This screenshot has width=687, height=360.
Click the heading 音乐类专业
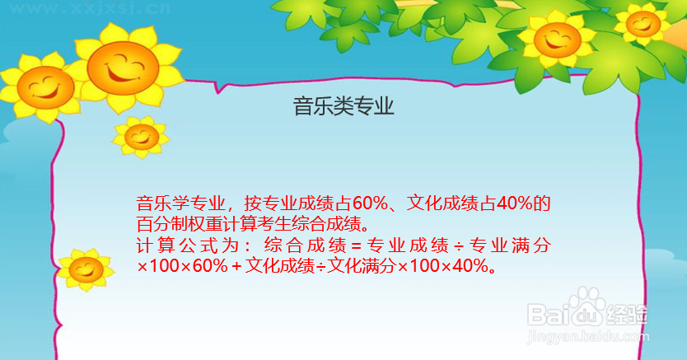(343, 106)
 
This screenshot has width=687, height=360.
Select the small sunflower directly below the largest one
(141, 137)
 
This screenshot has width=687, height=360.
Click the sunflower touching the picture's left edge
(43, 86)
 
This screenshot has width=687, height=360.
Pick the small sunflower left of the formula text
(86, 269)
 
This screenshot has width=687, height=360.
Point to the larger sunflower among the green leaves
(557, 40)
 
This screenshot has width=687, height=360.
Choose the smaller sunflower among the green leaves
(643, 24)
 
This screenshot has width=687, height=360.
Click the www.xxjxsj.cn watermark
(90, 8)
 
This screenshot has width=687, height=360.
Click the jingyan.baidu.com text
(588, 336)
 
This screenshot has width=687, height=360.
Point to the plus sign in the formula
(237, 266)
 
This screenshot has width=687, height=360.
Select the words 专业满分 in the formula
(510, 245)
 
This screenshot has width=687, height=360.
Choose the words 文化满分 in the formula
(362, 266)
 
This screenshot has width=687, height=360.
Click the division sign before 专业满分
(458, 246)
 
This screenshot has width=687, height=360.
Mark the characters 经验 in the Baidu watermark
(627, 315)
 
